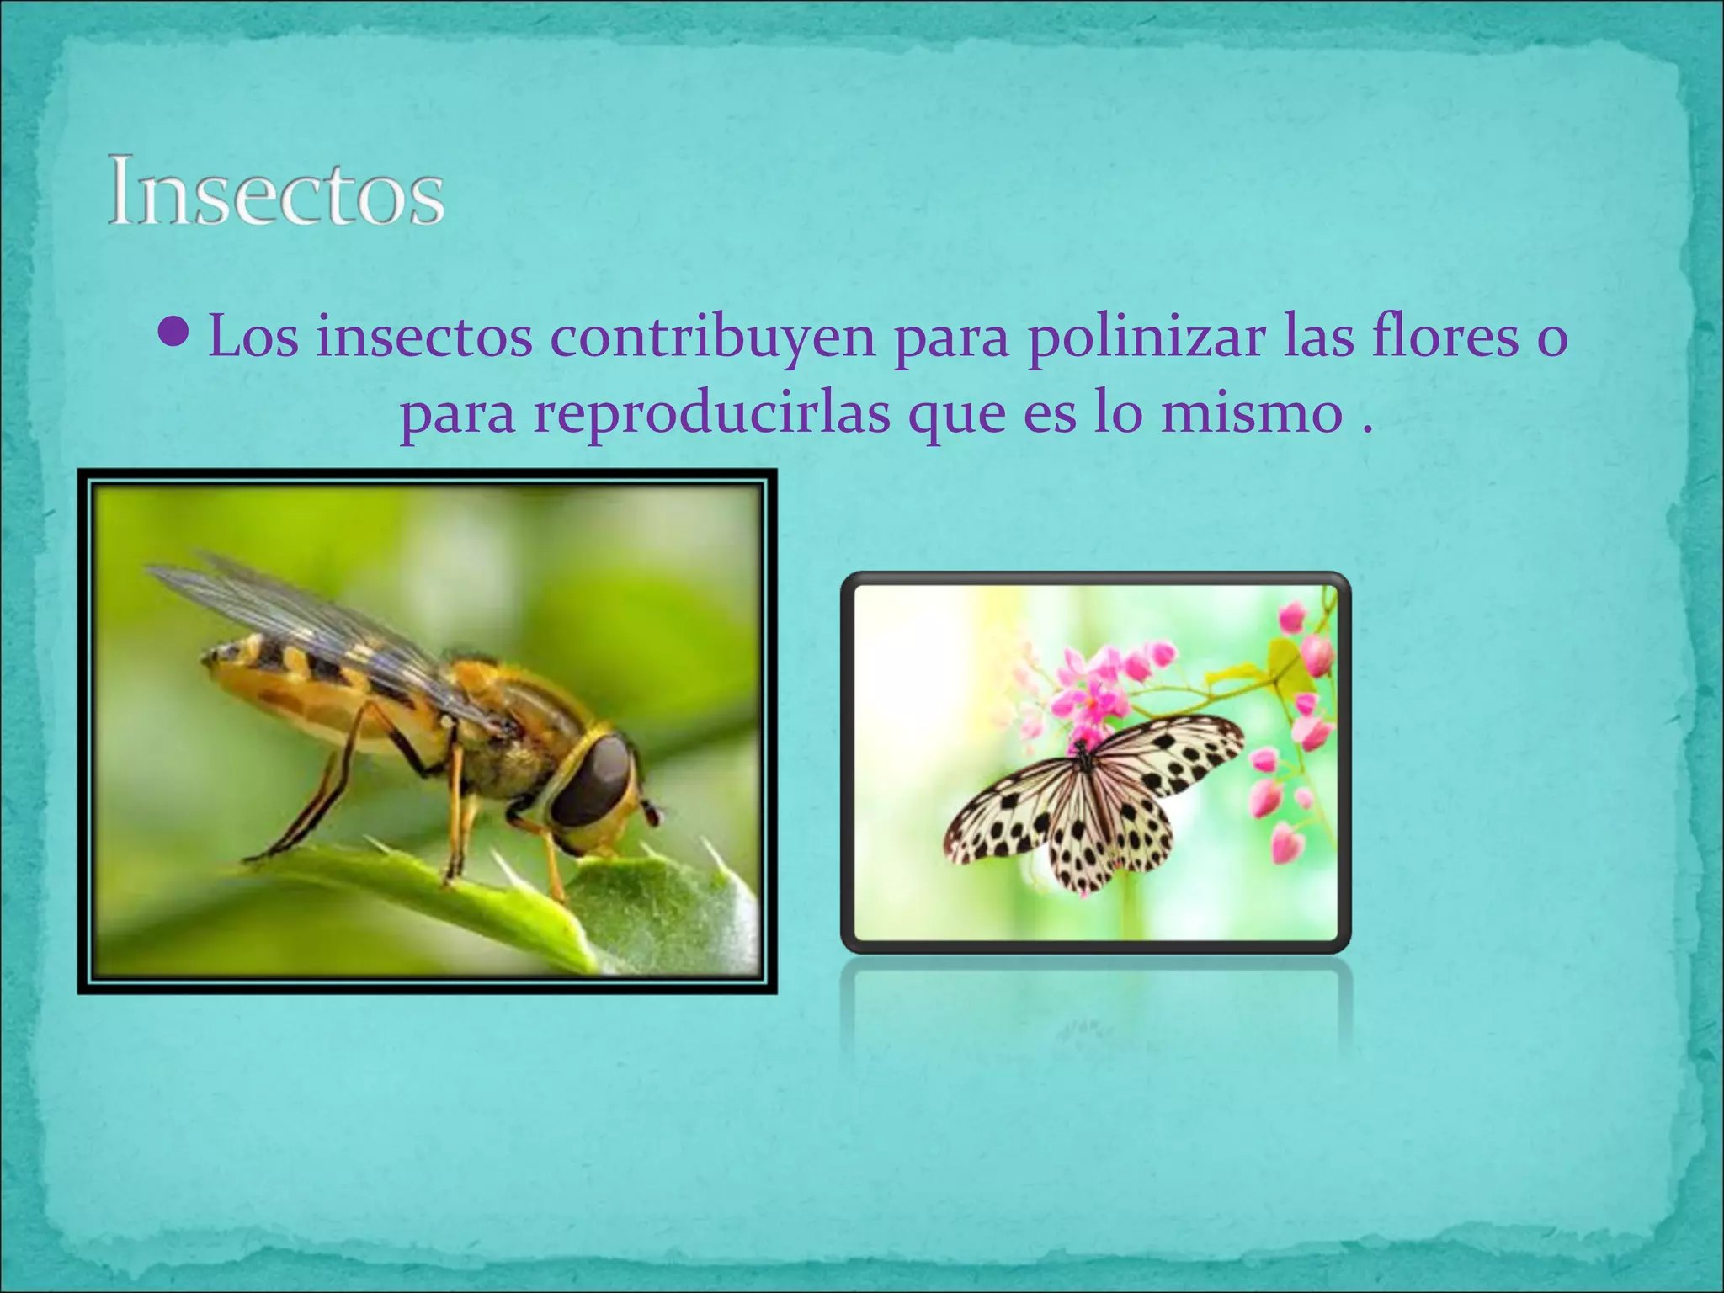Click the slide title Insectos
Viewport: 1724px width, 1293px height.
[x=275, y=191]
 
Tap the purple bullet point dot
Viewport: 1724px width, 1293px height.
[x=175, y=333]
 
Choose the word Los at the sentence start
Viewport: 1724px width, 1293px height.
[x=253, y=337]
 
